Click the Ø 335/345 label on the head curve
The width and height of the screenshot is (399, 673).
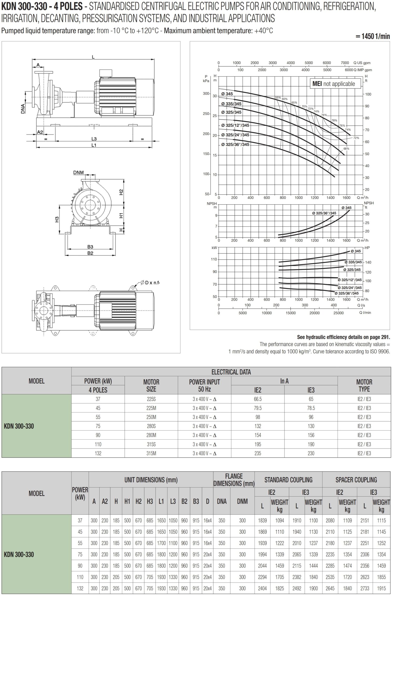point(231,104)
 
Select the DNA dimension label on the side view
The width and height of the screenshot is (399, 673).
point(23,109)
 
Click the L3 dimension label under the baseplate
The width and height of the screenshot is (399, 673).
point(94,139)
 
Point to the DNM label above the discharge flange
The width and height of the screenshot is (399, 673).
point(79,172)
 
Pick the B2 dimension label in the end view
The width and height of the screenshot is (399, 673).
point(90,253)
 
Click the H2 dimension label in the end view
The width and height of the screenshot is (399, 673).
point(121,192)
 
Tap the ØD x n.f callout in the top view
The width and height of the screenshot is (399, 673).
point(150,283)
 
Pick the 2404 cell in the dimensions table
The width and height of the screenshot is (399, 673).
point(262,588)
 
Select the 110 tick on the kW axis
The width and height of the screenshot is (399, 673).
point(214,259)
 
